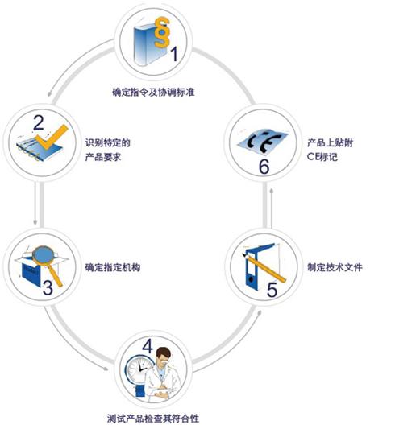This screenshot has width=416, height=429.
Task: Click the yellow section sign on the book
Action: click(x=161, y=33)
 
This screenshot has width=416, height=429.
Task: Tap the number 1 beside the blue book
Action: click(x=175, y=54)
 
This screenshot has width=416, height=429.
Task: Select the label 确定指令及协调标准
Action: click(x=153, y=93)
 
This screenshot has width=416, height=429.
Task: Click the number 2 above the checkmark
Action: click(x=38, y=123)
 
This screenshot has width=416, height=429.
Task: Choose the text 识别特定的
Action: click(x=108, y=142)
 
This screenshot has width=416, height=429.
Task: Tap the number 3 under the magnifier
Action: click(x=48, y=287)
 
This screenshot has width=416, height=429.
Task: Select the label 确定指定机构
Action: click(x=113, y=267)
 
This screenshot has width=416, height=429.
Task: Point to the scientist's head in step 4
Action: click(x=164, y=356)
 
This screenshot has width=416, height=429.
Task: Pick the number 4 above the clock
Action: click(x=148, y=346)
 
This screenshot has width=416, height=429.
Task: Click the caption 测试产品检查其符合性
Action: click(x=153, y=419)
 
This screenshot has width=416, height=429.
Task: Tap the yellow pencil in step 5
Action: click(x=264, y=268)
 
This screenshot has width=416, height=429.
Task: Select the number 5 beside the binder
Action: click(x=272, y=290)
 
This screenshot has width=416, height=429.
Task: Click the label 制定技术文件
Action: click(x=335, y=267)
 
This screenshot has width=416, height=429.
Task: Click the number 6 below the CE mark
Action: click(x=264, y=167)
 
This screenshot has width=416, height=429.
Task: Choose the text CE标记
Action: click(x=322, y=157)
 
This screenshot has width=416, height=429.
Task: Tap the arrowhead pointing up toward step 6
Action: click(x=271, y=191)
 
